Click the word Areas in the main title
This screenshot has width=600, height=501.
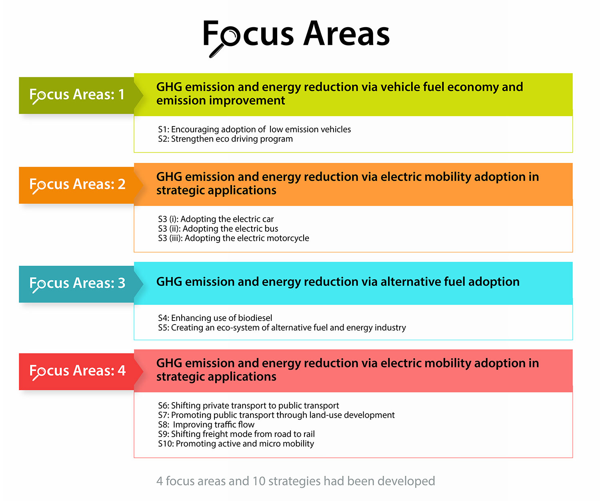point(346,34)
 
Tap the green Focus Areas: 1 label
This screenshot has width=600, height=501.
point(77,95)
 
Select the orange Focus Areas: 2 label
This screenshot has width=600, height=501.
point(77,184)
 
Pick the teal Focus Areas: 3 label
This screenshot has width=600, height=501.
point(77,283)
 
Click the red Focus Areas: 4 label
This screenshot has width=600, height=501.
point(77,371)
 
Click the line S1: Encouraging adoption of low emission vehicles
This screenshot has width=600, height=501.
point(254,129)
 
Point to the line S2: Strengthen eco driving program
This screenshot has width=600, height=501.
point(225,139)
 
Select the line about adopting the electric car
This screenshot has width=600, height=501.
point(216,219)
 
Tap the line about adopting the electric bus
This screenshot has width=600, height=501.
point(218,228)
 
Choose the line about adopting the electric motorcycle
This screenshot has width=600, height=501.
point(233,238)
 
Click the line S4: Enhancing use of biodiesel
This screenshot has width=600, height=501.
point(215,318)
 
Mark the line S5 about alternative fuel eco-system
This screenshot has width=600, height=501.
point(282,327)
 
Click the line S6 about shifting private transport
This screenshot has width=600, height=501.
point(248,405)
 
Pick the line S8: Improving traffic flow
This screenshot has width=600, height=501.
point(206,425)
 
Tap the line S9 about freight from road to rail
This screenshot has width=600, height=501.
point(236,434)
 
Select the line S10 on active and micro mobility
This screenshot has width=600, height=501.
point(236,444)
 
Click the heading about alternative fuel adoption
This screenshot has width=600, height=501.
point(338,282)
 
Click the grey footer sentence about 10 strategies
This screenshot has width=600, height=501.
point(296,481)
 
